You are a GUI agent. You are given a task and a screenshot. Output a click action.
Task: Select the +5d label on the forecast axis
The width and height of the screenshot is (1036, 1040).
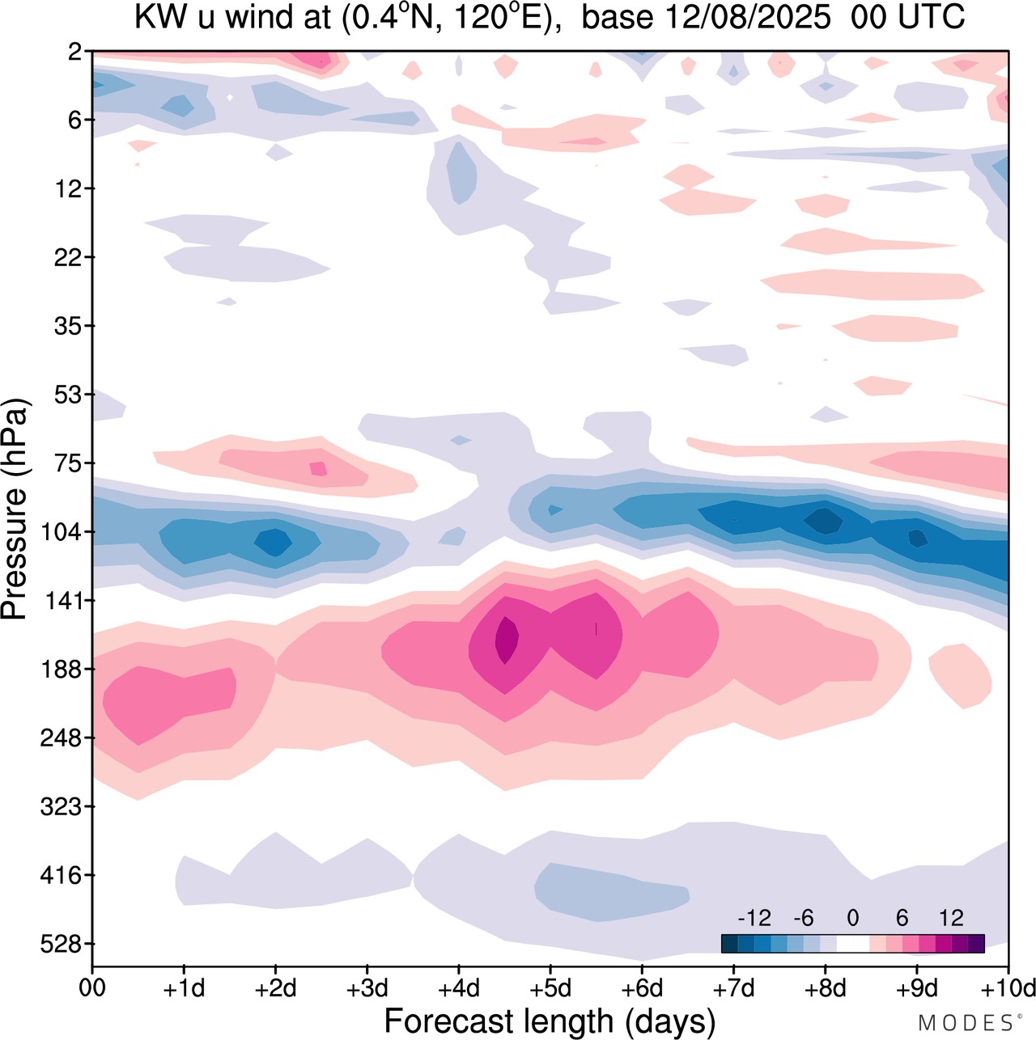[550, 988]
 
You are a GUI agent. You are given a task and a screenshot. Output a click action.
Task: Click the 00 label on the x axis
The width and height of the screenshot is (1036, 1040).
[93, 988]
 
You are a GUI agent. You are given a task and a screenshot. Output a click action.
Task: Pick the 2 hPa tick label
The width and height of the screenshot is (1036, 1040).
[74, 52]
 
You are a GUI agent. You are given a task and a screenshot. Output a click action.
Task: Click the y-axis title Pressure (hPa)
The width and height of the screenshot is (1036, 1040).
[15, 509]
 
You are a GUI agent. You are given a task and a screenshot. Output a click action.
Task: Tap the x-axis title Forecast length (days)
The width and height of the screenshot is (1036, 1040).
[550, 1021]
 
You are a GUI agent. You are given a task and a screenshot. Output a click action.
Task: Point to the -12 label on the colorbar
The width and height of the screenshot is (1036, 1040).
[754, 918]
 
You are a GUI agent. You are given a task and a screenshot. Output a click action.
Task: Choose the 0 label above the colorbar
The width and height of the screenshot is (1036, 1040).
[852, 918]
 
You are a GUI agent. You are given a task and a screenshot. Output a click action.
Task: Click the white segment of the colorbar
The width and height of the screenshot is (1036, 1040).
[852, 944]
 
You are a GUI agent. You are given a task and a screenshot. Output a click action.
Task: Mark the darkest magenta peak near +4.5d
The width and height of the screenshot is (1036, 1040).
[507, 639]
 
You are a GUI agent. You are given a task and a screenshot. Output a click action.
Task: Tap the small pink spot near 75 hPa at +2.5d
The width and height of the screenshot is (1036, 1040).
[318, 468]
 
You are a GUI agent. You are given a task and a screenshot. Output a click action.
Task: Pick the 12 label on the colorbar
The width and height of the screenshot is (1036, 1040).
[951, 918]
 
